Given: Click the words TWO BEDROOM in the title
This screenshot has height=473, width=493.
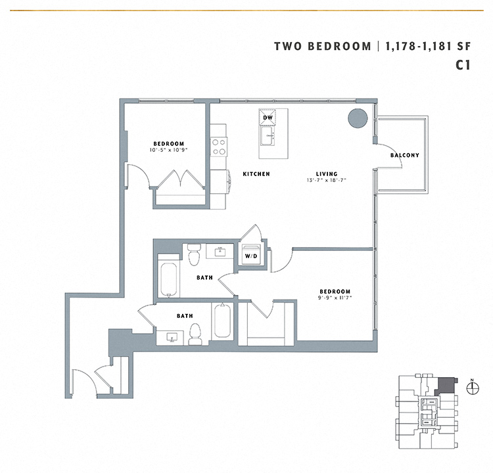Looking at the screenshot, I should [x=321, y=46].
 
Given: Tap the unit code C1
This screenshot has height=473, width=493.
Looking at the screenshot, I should [x=463, y=65].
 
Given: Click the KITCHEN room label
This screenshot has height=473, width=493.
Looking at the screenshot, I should [x=256, y=174].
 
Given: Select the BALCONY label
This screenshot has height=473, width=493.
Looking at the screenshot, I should [x=404, y=156].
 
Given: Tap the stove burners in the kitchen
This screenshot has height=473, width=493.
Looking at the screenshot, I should [x=218, y=146].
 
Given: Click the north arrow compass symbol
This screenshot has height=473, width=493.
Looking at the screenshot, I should [x=471, y=388].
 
